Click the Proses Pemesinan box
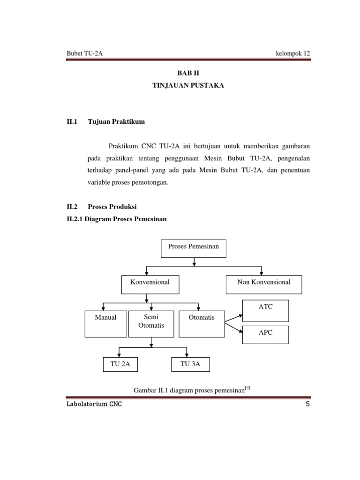click(194, 248)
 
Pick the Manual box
click(105, 323)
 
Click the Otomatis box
click(201, 323)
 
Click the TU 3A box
click(190, 365)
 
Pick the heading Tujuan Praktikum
click(116, 121)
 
